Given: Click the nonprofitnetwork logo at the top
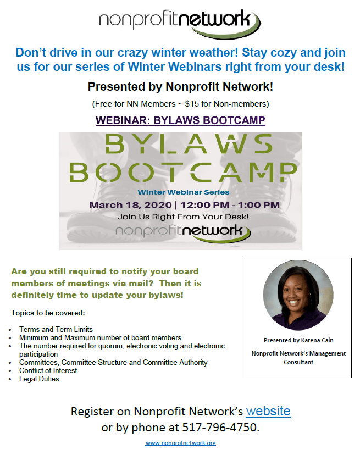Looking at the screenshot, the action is pos(180,24).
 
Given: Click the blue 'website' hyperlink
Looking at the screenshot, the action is pos(268,411).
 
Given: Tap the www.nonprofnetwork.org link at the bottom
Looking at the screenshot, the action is pos(181,443).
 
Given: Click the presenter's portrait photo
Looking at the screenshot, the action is pos(298,295).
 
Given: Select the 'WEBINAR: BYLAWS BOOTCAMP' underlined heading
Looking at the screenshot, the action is pos(180,120).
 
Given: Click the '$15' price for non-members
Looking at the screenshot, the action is pos(192,104).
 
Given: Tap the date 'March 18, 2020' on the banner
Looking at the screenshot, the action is pos(130,205).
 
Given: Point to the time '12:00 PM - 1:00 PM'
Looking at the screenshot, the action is pos(230,205).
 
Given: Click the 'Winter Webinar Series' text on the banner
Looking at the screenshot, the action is pos(184,192).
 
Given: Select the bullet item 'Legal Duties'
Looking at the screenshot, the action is pos(39,379).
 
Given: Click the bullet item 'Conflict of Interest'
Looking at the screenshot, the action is pos(48,370).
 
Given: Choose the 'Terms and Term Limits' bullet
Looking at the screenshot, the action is pos(56,329).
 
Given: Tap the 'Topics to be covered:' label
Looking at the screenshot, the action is pos(48,313).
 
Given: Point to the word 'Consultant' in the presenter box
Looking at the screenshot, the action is pos(298,362).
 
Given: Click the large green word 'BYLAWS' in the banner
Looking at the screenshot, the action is pos(189,144).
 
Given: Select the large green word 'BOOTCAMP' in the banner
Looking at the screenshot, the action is pos(183,172).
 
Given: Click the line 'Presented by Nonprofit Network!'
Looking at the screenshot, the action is pos(180,86).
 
